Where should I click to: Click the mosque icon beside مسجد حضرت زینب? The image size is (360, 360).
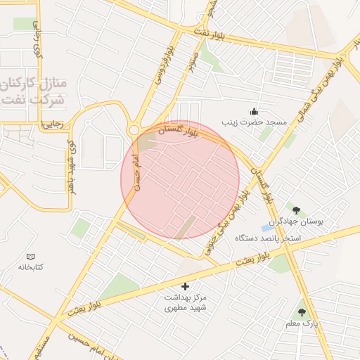(254, 111)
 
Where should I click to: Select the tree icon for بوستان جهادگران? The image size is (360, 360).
(296, 210)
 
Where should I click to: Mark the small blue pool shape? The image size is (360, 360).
(268, 228)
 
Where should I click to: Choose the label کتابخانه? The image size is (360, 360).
(30, 267)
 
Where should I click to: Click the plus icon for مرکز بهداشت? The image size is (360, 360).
(185, 286)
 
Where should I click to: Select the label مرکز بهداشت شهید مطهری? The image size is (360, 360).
(186, 302)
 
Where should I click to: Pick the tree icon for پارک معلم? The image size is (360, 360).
(302, 312)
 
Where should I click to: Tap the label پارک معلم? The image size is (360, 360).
(302, 323)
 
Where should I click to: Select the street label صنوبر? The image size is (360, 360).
(191, 63)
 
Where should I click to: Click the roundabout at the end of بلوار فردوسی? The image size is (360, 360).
(134, 130)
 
